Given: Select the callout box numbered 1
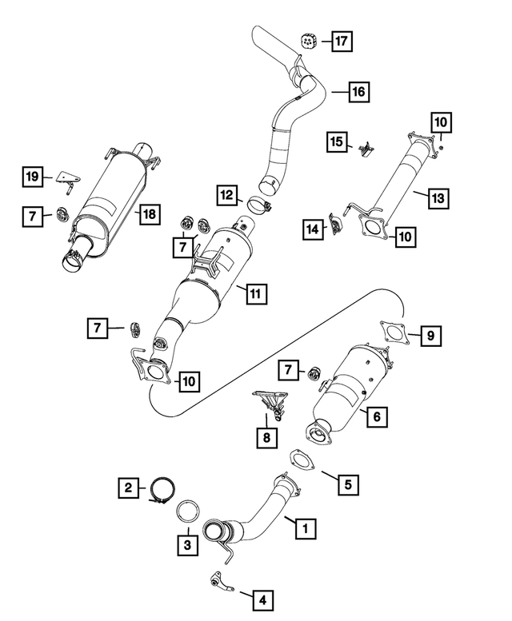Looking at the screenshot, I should click(x=303, y=527).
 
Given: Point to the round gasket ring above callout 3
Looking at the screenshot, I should click(x=188, y=511).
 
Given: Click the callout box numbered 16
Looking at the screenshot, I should click(x=358, y=93).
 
